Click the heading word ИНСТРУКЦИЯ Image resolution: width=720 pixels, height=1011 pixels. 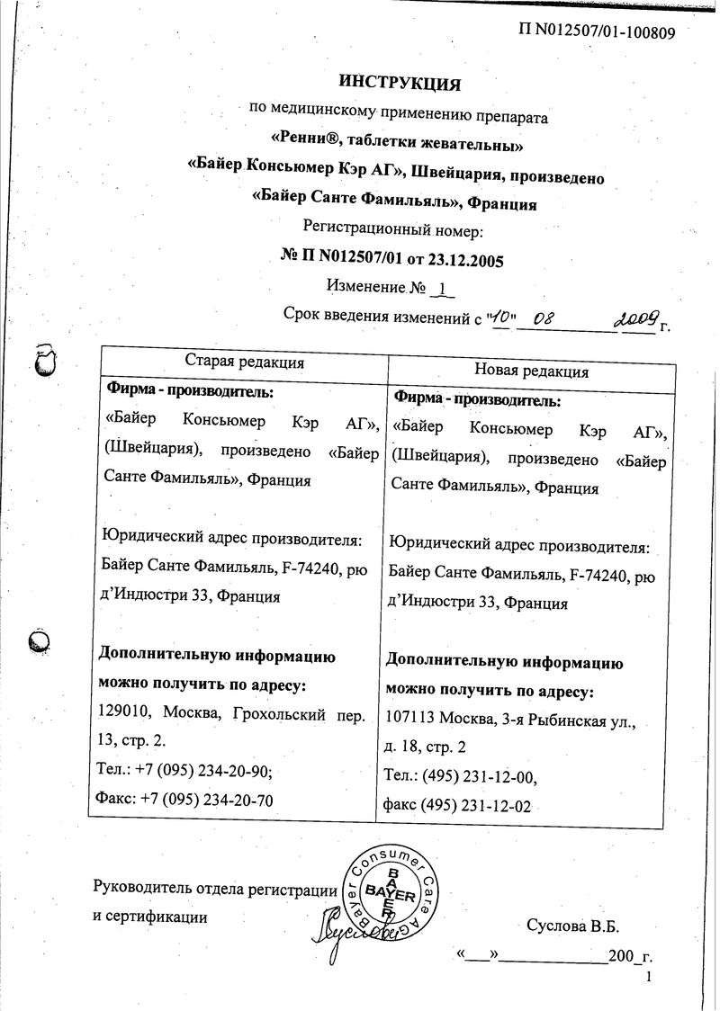[400, 84]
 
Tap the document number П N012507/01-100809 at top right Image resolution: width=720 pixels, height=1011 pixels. [597, 32]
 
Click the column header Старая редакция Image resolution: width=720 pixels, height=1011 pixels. [244, 362]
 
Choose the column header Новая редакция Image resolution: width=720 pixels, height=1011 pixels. [531, 370]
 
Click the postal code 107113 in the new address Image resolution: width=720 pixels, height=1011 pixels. [412, 719]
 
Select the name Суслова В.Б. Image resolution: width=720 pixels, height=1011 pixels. [572, 925]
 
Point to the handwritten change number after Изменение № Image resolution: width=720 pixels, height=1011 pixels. [443, 289]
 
